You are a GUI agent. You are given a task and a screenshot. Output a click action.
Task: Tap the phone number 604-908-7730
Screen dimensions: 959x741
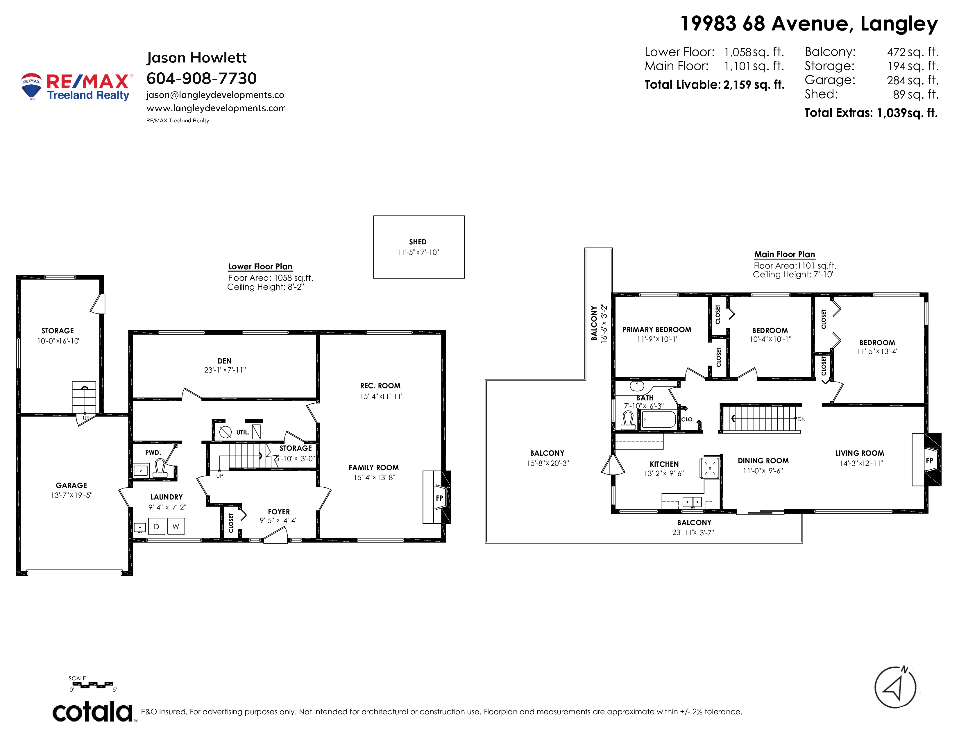(x=202, y=78)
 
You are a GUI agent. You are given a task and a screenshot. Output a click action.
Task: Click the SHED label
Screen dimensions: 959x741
(x=418, y=242)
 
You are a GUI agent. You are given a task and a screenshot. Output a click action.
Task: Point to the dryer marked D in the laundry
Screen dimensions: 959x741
(x=156, y=526)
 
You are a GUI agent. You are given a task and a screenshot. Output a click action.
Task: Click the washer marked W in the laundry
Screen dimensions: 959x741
(x=176, y=526)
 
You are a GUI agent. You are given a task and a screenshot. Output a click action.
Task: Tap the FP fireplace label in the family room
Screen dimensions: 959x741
(x=439, y=498)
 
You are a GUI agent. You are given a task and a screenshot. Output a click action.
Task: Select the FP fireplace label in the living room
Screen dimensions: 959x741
(x=930, y=461)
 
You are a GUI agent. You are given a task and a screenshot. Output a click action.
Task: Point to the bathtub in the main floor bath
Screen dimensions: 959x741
(x=659, y=419)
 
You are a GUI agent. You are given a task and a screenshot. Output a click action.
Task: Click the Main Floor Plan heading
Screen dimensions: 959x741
(x=785, y=255)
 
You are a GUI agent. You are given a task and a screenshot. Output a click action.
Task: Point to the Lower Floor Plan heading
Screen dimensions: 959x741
(x=260, y=267)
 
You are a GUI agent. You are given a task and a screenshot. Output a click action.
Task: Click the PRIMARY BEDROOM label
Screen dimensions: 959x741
(x=657, y=330)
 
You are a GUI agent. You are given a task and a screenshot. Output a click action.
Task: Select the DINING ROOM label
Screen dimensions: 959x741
(x=763, y=461)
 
